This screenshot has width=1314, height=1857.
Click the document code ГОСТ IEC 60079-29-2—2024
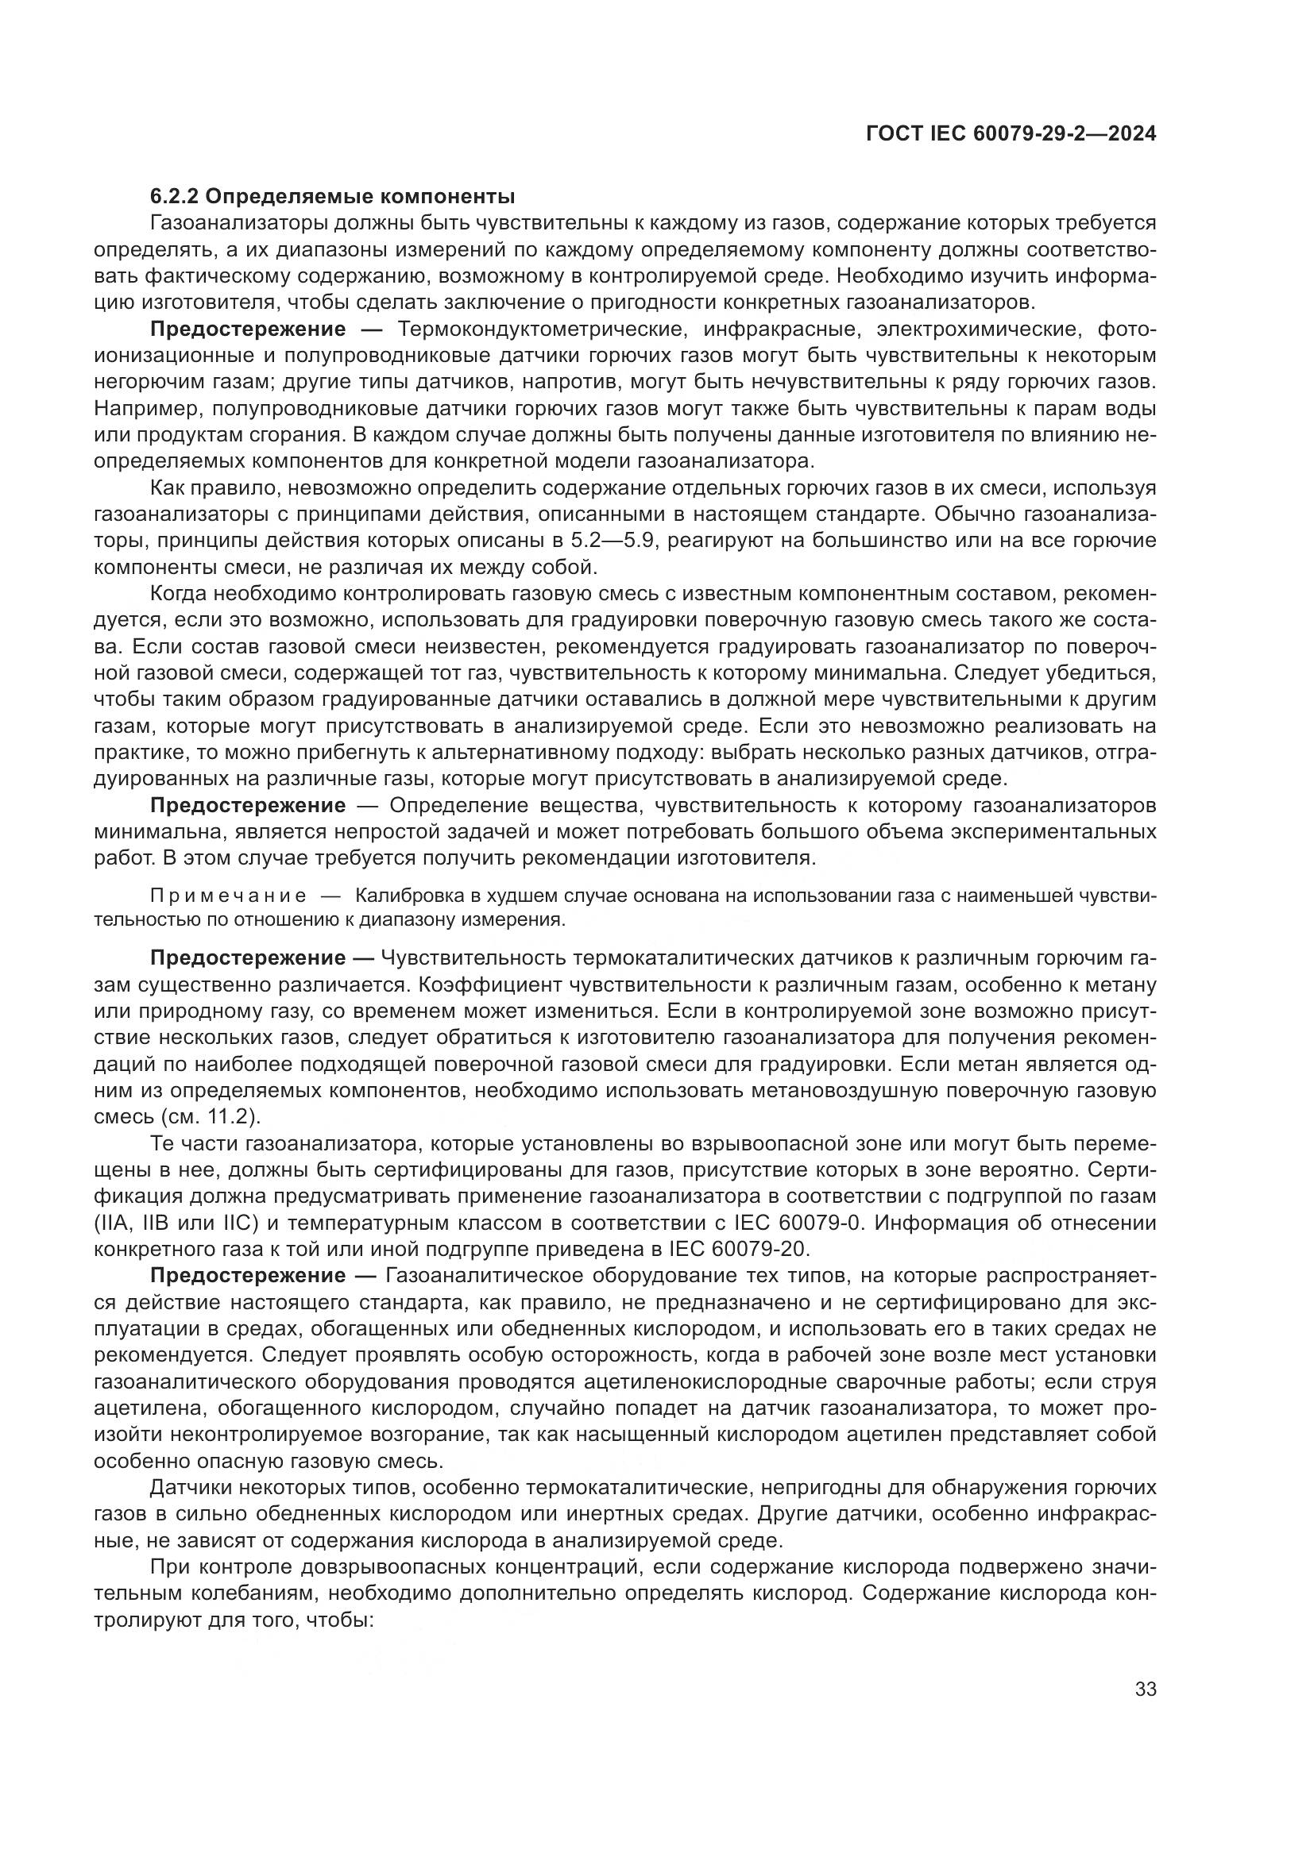click(1011, 133)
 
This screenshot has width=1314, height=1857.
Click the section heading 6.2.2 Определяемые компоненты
click(333, 197)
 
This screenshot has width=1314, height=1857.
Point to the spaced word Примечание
click(229, 896)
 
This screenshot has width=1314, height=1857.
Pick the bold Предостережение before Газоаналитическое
click(248, 1276)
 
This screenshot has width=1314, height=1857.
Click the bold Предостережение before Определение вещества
click(248, 806)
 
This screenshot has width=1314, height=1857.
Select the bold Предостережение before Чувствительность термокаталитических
click(248, 958)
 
